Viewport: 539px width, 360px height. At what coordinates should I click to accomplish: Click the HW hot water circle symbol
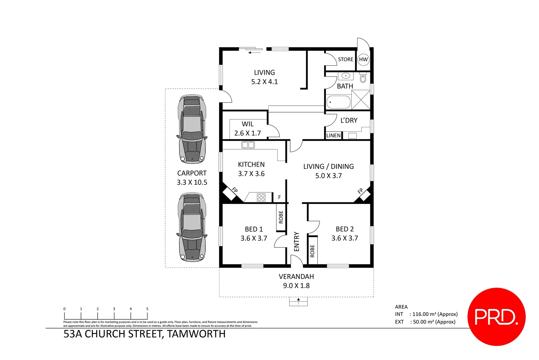pyautogui.click(x=363, y=60)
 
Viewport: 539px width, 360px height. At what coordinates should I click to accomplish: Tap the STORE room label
pyautogui.click(x=345, y=59)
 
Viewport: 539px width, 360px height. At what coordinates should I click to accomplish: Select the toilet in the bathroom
pyautogui.click(x=363, y=78)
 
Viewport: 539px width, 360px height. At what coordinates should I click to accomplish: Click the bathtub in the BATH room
pyautogui.click(x=338, y=102)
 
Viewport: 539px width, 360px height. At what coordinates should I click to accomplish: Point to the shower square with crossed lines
pyautogui.click(x=361, y=100)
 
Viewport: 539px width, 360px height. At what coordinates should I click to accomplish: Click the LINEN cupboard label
pyautogui.click(x=333, y=135)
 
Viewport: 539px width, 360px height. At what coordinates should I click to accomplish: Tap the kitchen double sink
pyautogui.click(x=248, y=145)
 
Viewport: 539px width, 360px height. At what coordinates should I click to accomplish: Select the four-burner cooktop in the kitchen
pyautogui.click(x=261, y=197)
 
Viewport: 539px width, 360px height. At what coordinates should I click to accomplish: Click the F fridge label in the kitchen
pyautogui.click(x=279, y=197)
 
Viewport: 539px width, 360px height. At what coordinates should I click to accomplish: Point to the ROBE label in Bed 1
pyautogui.click(x=281, y=217)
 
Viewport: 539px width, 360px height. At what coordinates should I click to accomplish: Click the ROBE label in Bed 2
pyautogui.click(x=312, y=251)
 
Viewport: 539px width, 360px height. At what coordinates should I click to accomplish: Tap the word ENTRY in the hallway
pyautogui.click(x=296, y=242)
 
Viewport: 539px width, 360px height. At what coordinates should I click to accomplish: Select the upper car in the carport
pyautogui.click(x=192, y=129)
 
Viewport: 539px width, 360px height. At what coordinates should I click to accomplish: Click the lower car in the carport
pyautogui.click(x=192, y=227)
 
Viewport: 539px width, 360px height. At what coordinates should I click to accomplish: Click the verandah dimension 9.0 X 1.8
pyautogui.click(x=296, y=286)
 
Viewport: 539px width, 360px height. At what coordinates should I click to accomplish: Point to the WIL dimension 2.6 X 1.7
pyautogui.click(x=248, y=133)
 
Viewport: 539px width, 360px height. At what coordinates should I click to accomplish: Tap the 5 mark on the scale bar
pyautogui.click(x=147, y=309)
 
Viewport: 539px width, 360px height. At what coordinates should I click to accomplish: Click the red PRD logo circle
pyautogui.click(x=496, y=317)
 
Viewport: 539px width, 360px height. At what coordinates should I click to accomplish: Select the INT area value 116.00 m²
pyautogui.click(x=435, y=314)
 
